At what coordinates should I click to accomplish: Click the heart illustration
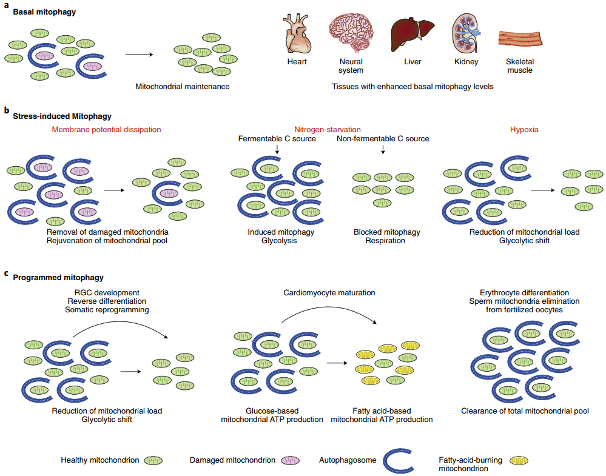coord(297,34)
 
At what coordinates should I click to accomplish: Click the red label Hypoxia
coord(524,129)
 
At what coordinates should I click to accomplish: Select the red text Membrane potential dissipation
coord(107,129)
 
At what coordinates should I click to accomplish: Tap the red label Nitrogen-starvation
coord(328,129)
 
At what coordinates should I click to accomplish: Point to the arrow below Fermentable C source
coord(277,149)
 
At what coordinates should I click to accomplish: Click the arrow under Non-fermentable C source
coord(383,149)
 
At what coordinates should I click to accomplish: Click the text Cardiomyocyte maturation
coord(329,293)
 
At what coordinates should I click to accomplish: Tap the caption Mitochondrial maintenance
coord(183,87)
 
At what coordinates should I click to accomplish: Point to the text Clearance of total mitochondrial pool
coord(525,411)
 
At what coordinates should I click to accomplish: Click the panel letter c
coord(6,273)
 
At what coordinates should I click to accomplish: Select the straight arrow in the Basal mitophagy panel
coord(139,55)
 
